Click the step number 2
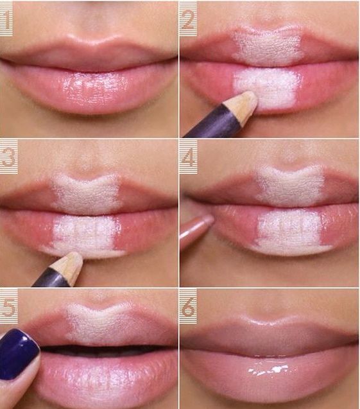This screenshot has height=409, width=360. coord(188,21)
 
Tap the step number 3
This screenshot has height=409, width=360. coord(8,157)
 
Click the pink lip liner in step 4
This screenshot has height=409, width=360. coord(196,231)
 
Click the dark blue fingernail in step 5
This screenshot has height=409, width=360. coord(18,353)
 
